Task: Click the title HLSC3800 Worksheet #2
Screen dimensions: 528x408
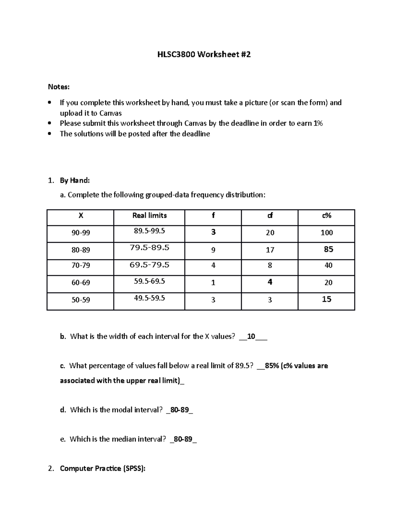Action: [x=204, y=54]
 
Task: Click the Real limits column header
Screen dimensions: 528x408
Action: [x=149, y=216]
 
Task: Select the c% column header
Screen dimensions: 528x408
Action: [x=326, y=216]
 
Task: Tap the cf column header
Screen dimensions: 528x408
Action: [x=270, y=216]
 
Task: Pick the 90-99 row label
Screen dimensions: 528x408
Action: [x=81, y=233]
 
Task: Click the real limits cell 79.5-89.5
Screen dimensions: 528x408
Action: [x=149, y=248]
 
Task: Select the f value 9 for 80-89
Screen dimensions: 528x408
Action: [x=213, y=250]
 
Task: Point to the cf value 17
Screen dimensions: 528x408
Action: [x=270, y=250]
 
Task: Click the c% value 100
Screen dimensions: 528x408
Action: [x=326, y=233]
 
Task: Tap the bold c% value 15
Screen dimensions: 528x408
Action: [x=326, y=299]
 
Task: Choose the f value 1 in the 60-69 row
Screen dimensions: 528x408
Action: [x=213, y=283]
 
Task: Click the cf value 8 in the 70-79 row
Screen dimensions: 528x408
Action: [x=270, y=266]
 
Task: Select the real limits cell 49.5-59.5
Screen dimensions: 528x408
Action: [x=149, y=298]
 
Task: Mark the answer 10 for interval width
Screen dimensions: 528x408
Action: [x=251, y=337]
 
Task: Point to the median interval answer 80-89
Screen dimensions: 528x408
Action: [x=183, y=439]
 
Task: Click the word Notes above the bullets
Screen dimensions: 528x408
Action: [x=58, y=87]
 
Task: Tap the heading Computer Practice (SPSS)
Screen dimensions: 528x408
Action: [x=102, y=469]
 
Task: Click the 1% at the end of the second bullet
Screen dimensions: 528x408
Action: [x=318, y=123]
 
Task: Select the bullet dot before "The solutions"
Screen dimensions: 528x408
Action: [x=50, y=134]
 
